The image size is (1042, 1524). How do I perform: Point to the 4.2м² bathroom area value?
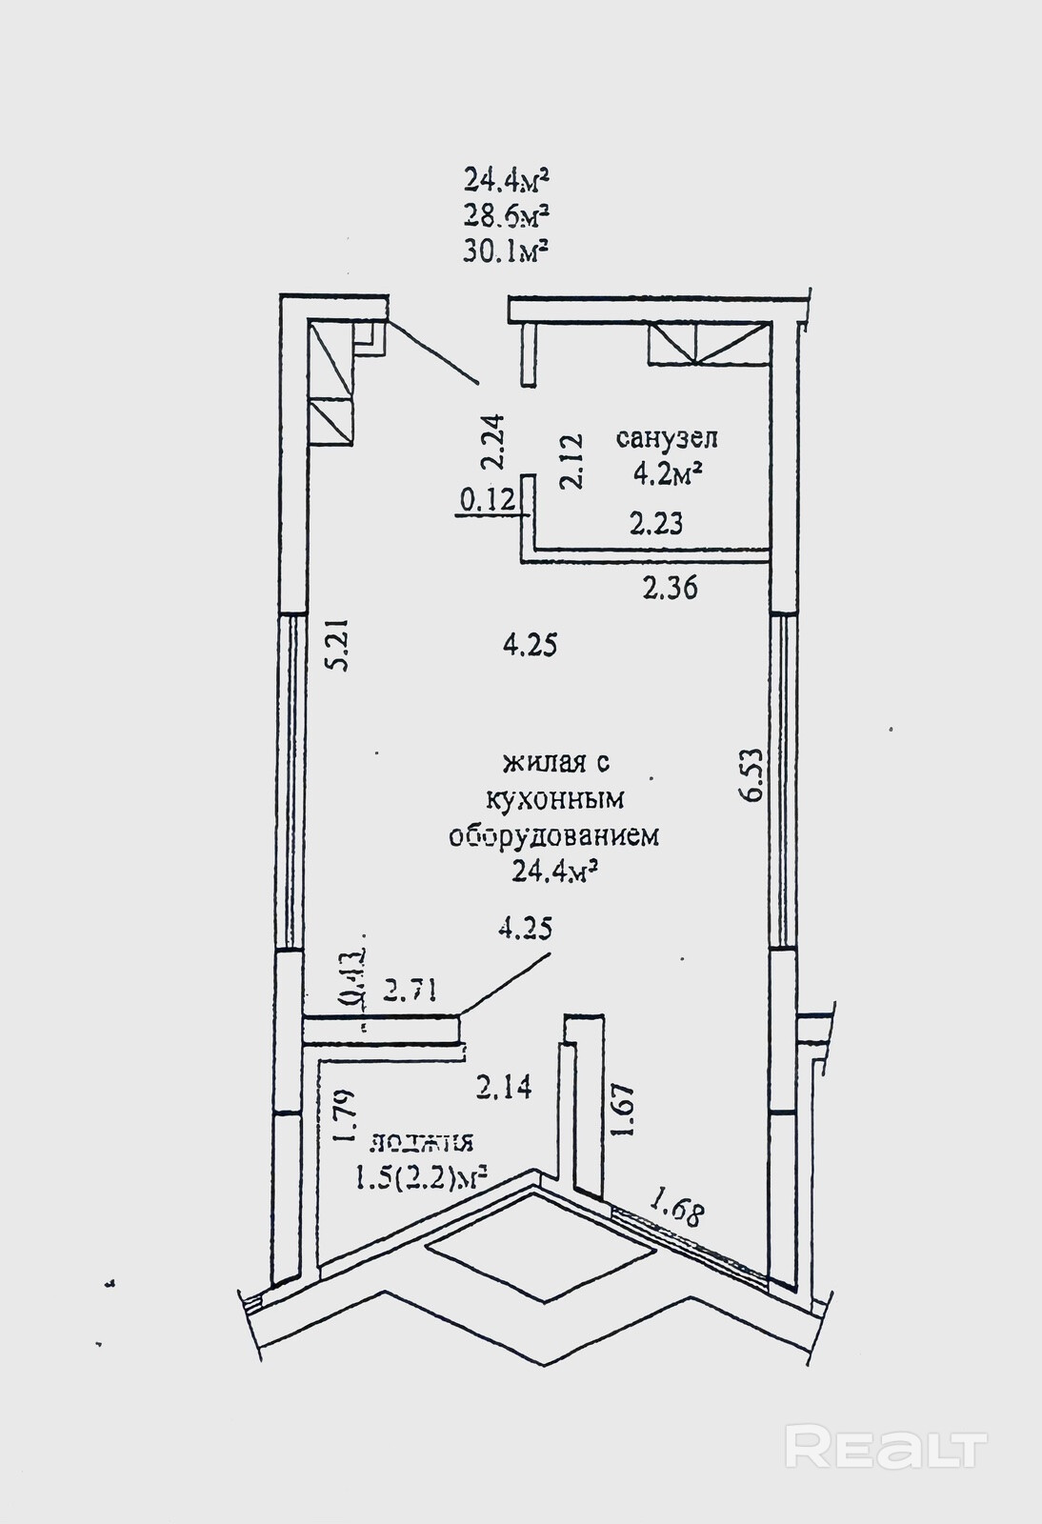pyautogui.click(x=666, y=473)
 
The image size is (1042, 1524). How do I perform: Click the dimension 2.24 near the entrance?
pyautogui.click(x=493, y=440)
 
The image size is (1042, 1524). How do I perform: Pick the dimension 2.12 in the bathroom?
pyautogui.click(x=571, y=461)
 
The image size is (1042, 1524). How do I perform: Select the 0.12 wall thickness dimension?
pyautogui.click(x=487, y=499)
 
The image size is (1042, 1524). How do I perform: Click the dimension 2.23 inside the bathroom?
pyautogui.click(x=655, y=523)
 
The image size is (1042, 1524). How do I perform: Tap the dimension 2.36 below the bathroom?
pyautogui.click(x=670, y=588)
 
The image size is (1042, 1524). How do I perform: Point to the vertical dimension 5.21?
pyautogui.click(x=337, y=645)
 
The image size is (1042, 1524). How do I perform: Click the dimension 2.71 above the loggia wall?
pyautogui.click(x=410, y=992)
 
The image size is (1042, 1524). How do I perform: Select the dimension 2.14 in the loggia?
pyautogui.click(x=504, y=1086)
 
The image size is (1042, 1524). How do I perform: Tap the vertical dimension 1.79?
pyautogui.click(x=345, y=1115)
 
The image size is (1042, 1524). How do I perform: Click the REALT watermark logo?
pyautogui.click(x=886, y=1448)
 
